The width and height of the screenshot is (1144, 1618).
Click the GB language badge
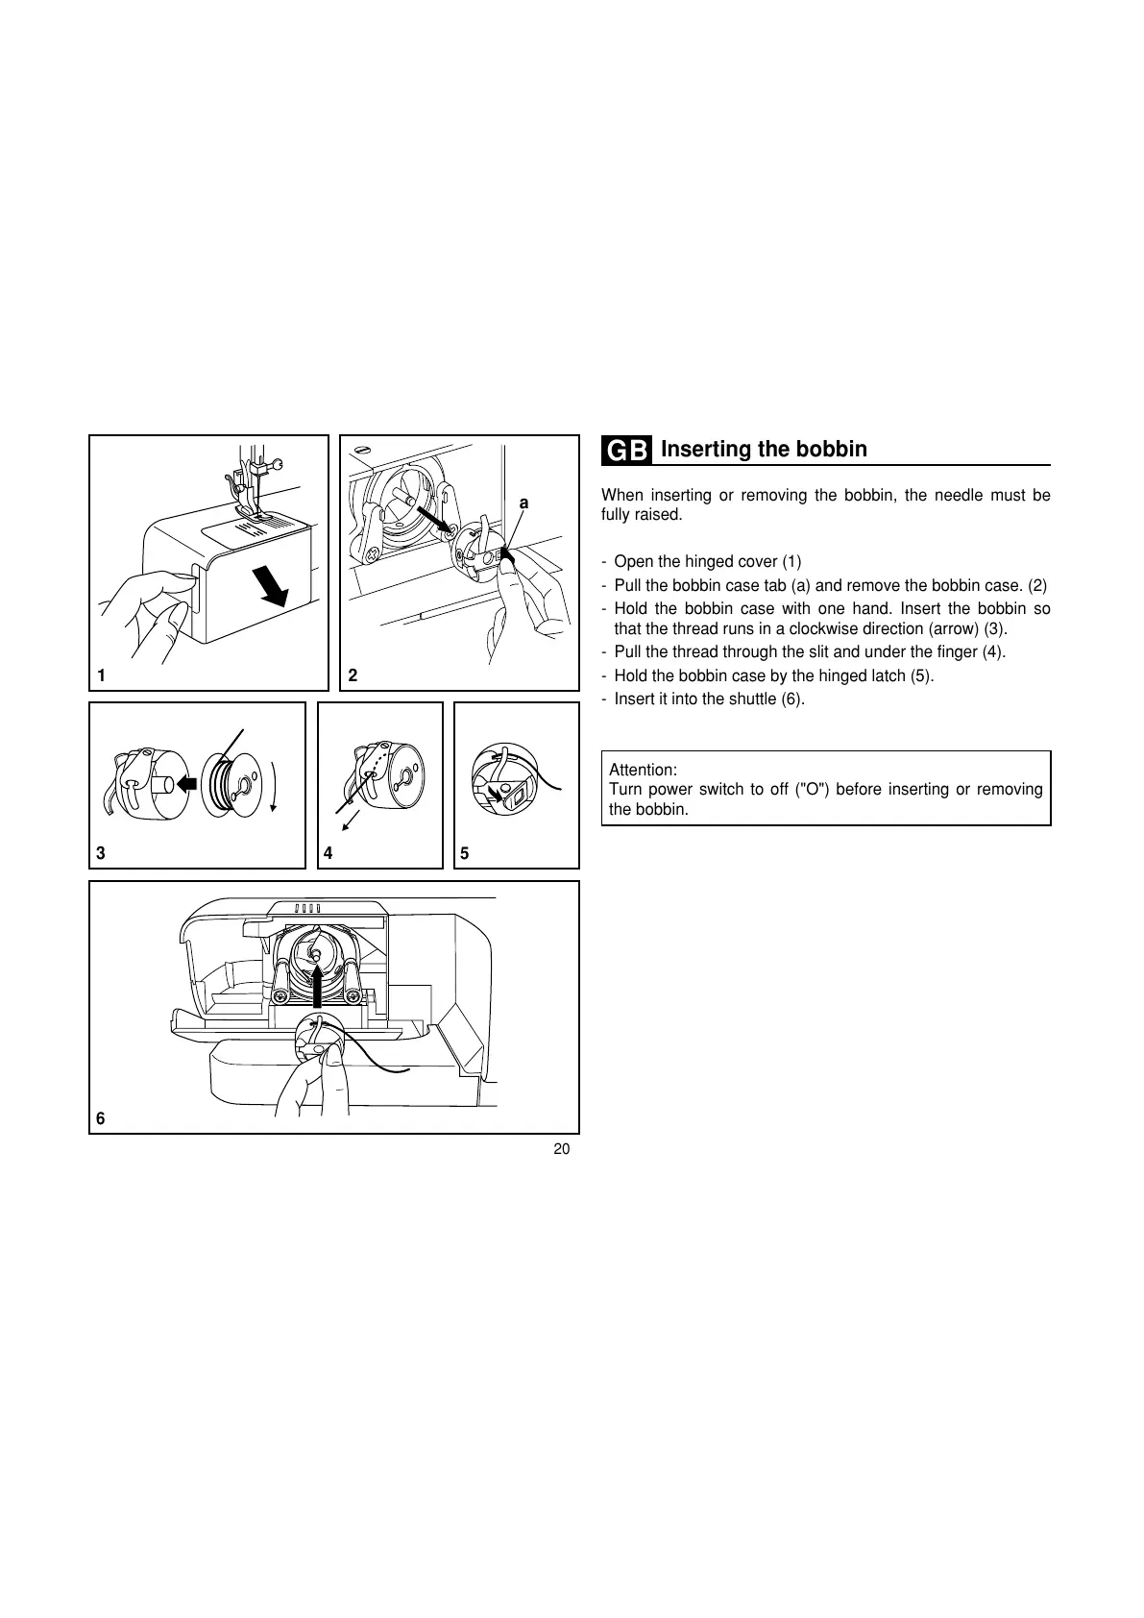627,451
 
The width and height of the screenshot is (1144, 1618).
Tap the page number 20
562,1150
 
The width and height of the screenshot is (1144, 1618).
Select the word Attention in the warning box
642,771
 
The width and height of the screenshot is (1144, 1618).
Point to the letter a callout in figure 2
523,503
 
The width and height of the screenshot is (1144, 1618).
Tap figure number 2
353,675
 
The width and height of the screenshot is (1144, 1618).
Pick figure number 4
329,853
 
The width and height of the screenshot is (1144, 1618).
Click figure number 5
465,853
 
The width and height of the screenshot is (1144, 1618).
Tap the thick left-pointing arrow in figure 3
188,784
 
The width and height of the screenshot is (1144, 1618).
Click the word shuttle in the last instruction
753,699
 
